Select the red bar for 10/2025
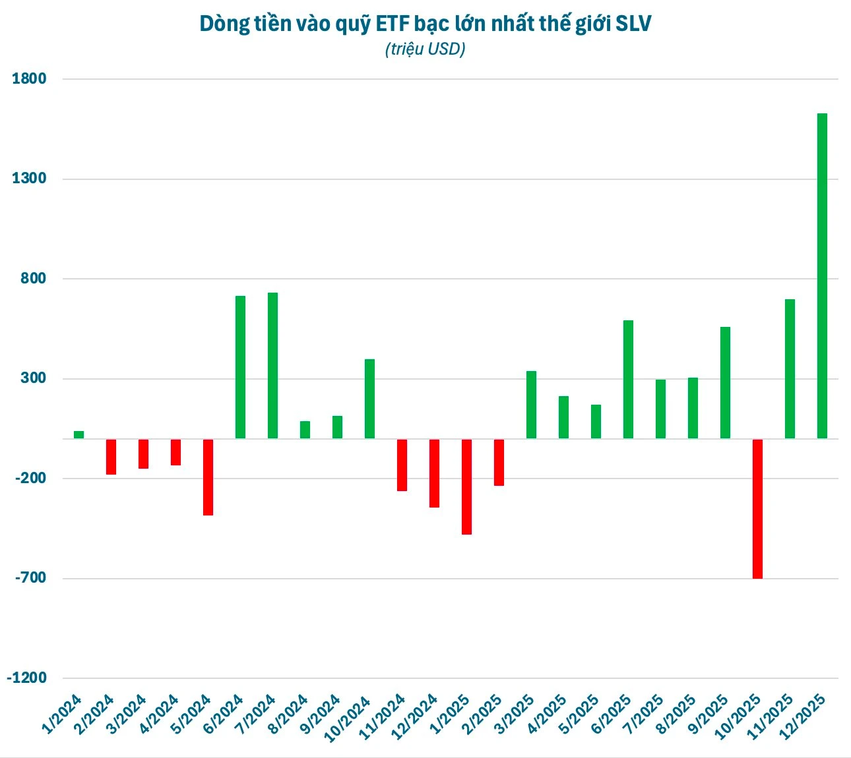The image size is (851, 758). (x=757, y=509)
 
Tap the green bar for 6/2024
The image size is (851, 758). (x=240, y=367)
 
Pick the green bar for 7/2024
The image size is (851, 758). (x=272, y=365)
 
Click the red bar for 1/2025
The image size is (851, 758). (x=466, y=486)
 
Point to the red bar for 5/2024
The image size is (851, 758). (x=208, y=477)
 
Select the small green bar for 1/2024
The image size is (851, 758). (x=79, y=434)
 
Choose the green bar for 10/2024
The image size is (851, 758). (x=369, y=399)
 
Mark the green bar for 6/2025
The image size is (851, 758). (x=628, y=379)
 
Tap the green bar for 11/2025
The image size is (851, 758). (x=790, y=368)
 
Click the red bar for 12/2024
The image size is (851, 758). (x=434, y=473)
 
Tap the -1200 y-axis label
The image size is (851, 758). (x=26, y=678)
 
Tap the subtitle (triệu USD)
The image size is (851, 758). (x=425, y=49)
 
